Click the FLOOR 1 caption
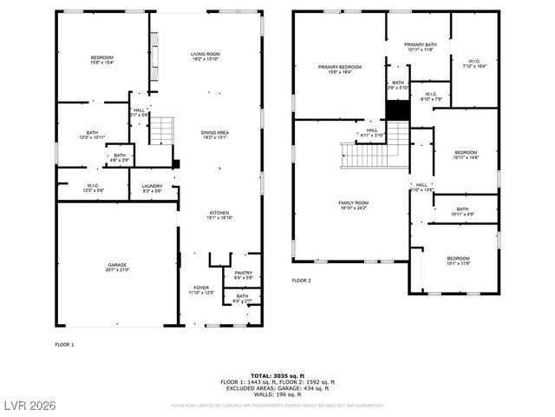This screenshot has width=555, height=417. coord(65,345)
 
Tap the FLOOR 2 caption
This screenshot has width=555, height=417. coord(301,281)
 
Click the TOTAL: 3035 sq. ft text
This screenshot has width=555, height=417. coord(277,375)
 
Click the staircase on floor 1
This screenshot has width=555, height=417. coord(162,131)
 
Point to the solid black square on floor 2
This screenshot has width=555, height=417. coord(396,111)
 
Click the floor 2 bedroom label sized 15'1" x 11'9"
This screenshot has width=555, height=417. coord(458,261)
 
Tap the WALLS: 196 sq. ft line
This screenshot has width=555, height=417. coord(277,394)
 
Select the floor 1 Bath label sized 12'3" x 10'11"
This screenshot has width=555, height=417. coord(92,135)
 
